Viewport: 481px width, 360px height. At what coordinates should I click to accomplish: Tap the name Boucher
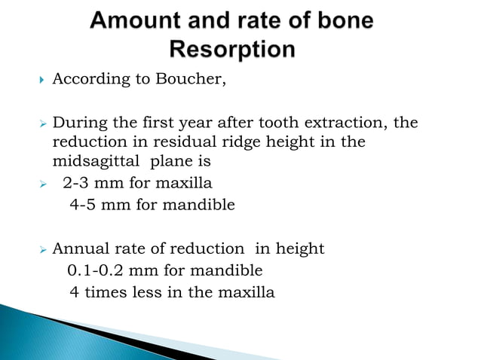(192, 81)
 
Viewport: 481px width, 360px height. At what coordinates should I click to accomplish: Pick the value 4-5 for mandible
(84, 203)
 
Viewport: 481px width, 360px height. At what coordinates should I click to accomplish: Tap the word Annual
(78, 249)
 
